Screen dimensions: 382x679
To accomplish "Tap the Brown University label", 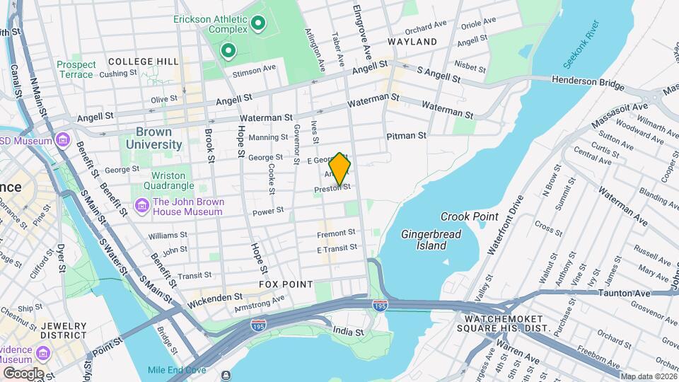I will [154, 138].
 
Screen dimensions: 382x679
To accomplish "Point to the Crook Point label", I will [470, 216].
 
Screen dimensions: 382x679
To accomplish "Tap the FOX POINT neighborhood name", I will [286, 284].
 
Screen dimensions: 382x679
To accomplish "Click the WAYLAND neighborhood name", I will [412, 42].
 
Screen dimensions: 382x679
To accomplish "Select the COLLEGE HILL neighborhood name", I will [143, 62].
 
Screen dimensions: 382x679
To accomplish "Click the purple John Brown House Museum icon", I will [141, 207].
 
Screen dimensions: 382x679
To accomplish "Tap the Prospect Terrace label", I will [76, 69].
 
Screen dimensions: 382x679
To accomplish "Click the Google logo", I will [23, 374].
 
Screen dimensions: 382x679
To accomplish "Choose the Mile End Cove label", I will [177, 370].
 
